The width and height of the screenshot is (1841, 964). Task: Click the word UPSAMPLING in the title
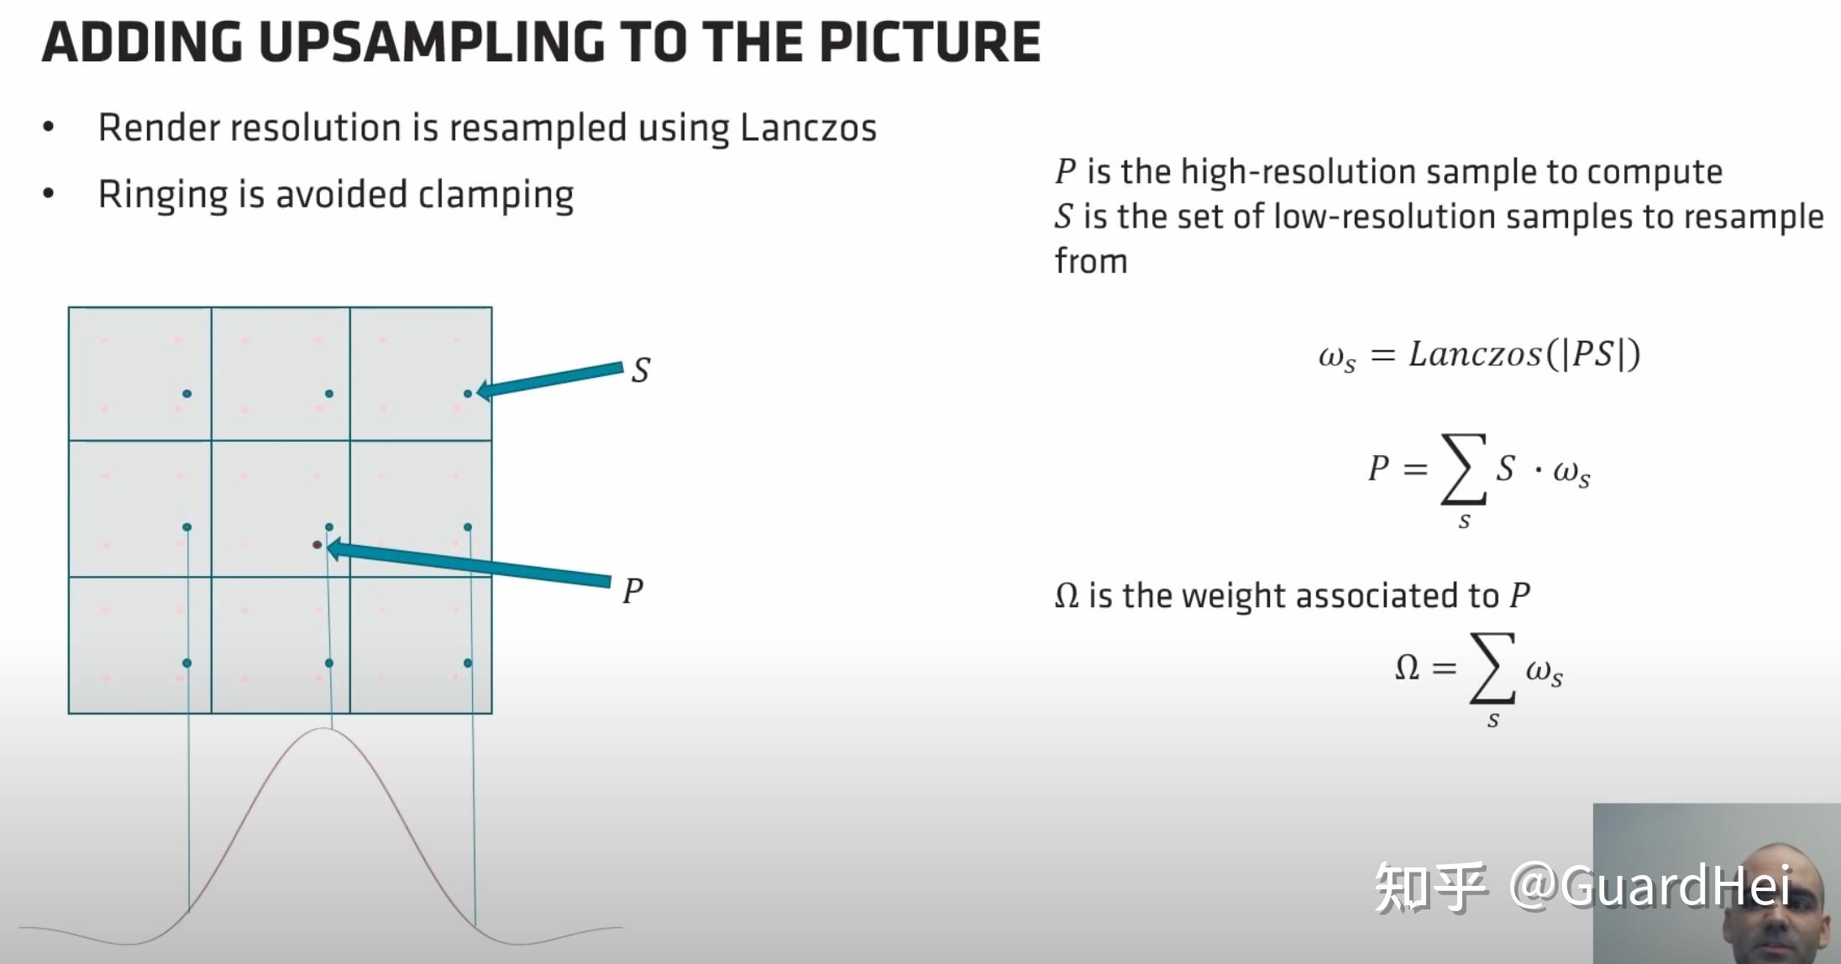coord(432,42)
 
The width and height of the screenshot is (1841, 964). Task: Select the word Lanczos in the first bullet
coord(808,128)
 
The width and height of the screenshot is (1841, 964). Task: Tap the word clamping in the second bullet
coord(496,195)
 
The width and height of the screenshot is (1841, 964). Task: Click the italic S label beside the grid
coord(641,369)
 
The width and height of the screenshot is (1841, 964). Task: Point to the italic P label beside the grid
coord(633,591)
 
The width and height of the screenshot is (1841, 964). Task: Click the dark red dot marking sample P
coord(317,545)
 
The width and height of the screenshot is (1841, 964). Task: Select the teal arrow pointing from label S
coord(549,380)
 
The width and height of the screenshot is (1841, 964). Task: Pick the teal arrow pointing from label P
coord(468,564)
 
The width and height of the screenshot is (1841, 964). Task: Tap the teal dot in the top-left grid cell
coord(186,393)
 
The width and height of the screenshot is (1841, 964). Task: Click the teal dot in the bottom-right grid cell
coord(468,663)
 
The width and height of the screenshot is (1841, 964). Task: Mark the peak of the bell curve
coord(324,728)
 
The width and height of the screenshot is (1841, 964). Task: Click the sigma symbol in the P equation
coord(1464,469)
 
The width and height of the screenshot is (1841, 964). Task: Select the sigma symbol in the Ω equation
coord(1492,668)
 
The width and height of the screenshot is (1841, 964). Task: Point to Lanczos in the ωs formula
coord(1476,354)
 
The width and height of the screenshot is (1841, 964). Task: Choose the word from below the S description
coord(1091,261)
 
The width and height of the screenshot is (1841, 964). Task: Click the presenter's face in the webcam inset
coord(1772,903)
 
